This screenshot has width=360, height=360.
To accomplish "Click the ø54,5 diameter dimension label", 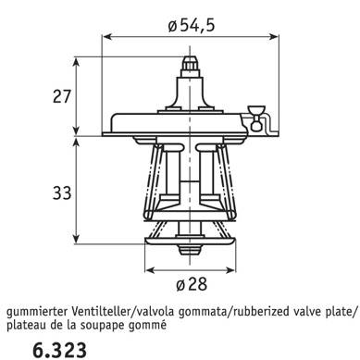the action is click(x=191, y=25).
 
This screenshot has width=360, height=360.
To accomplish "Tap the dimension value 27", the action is click(x=62, y=96).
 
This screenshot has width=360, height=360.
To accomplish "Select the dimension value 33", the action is click(x=62, y=193).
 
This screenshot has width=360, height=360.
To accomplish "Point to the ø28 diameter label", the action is click(x=192, y=284).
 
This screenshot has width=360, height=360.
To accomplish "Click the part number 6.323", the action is click(x=59, y=350).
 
